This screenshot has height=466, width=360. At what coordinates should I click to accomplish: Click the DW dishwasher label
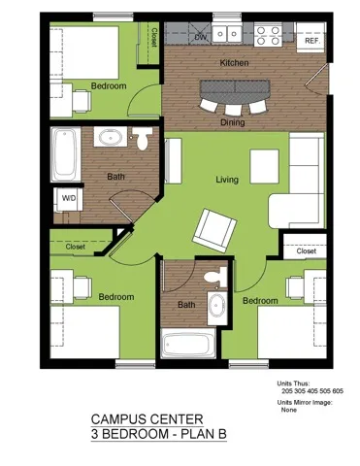[x=200, y=38]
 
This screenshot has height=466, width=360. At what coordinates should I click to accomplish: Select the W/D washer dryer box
[x=69, y=198]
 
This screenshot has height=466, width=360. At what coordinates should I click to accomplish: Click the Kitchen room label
[x=234, y=63]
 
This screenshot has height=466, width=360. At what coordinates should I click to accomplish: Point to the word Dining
[x=233, y=123]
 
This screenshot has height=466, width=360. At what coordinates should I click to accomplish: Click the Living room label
[x=227, y=180]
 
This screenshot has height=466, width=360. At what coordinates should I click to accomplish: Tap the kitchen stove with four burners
[x=268, y=36]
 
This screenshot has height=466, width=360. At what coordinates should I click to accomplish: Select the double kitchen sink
[x=229, y=35]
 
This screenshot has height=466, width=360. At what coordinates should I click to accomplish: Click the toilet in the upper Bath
[x=143, y=140]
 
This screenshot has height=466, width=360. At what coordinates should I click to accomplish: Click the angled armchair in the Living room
[x=213, y=229]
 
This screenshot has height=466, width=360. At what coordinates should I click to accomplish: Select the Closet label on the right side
[x=306, y=251]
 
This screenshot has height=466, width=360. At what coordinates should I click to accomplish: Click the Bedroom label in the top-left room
[x=109, y=86]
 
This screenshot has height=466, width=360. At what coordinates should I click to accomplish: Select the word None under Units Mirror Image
[x=288, y=410]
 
